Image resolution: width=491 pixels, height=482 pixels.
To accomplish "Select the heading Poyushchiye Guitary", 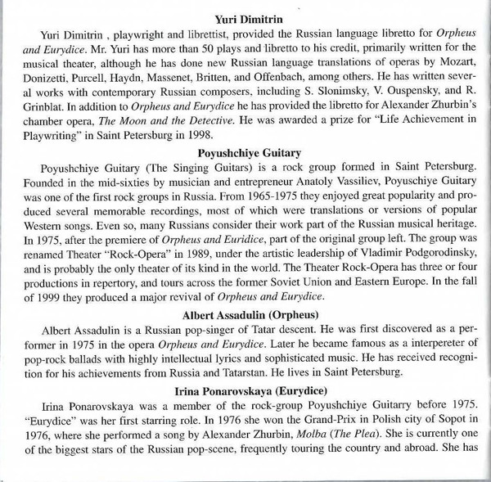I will click(245, 151).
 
